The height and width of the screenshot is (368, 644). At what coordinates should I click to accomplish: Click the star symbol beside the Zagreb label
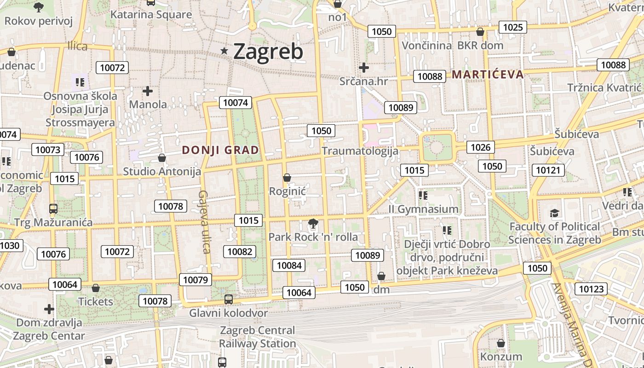point(224,51)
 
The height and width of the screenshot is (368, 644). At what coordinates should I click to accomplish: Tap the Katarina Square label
point(151,15)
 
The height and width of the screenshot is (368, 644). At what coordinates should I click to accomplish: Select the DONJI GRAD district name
point(220,150)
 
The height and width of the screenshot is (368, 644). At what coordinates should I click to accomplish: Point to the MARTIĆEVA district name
point(488,75)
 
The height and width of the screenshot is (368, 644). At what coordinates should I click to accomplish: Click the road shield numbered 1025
point(512,27)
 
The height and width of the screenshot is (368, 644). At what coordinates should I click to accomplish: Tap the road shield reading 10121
point(548,170)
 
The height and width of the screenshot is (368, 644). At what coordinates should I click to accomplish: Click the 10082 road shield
point(240,251)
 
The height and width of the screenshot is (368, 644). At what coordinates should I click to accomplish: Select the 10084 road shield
point(289,265)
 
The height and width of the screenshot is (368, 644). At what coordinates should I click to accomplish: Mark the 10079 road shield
point(195,280)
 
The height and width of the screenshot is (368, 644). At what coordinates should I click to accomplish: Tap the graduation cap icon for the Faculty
point(554,213)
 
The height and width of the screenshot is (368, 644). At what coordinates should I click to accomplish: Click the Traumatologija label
point(360,151)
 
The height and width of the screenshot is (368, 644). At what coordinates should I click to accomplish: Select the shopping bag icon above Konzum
point(501,343)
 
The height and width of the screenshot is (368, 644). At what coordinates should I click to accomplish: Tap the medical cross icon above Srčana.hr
point(364,68)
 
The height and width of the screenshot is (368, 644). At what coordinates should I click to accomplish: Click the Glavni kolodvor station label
point(229,313)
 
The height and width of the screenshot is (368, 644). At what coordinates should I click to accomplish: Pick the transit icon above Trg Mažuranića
point(53,209)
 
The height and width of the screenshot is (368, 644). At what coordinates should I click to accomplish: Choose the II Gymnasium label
point(423,209)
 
